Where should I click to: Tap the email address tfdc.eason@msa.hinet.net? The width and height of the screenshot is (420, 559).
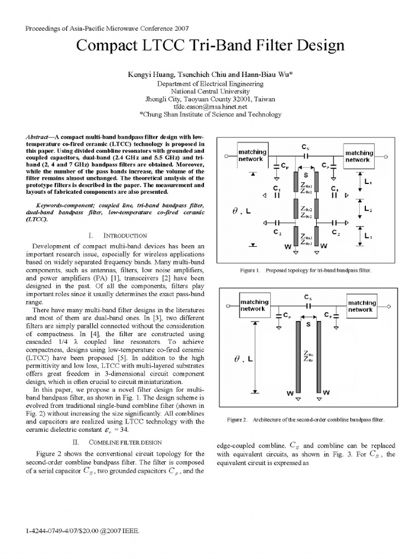click(x=210, y=107)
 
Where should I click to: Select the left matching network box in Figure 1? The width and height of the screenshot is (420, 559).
click(x=252, y=155)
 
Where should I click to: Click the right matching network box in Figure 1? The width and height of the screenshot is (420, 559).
click(x=359, y=156)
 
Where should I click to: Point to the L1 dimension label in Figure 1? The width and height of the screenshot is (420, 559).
click(x=368, y=182)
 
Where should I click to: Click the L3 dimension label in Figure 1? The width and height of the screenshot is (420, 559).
click(x=368, y=236)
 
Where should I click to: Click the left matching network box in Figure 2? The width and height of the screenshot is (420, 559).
click(x=254, y=306)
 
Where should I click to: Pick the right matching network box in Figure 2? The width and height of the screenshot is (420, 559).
click(x=361, y=306)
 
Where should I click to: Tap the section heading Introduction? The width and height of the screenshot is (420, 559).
click(x=118, y=235)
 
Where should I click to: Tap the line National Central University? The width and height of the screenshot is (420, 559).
click(x=210, y=92)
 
